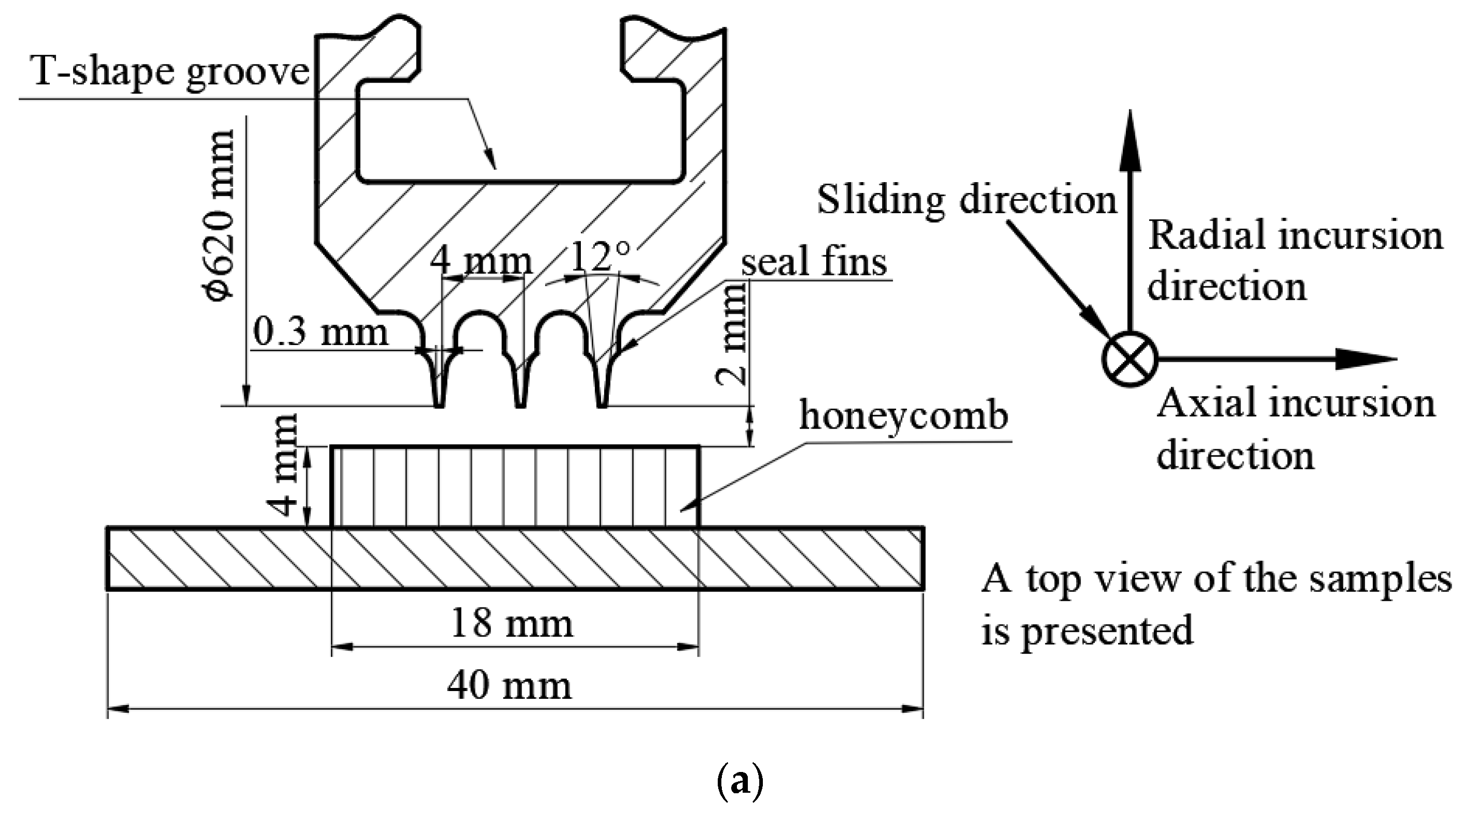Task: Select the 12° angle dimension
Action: (x=600, y=257)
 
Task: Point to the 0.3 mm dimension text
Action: (x=320, y=332)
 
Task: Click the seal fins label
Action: (x=814, y=263)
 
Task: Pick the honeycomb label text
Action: (x=903, y=416)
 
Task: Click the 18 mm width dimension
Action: (x=511, y=624)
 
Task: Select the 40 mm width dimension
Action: (x=509, y=685)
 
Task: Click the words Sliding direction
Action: (x=967, y=200)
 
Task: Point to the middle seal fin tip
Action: (x=521, y=404)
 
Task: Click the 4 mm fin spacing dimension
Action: (x=481, y=263)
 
